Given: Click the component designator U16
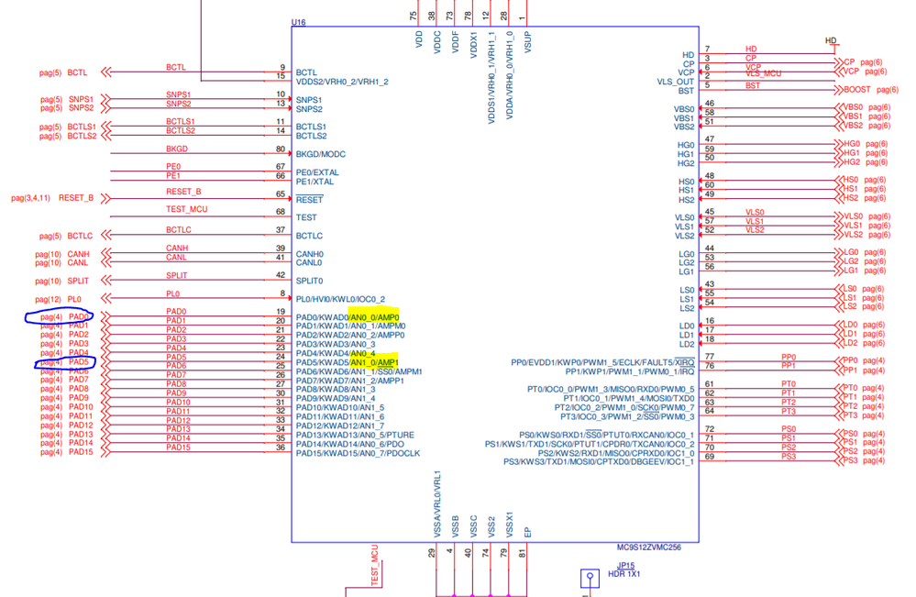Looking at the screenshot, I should pyautogui.click(x=299, y=21).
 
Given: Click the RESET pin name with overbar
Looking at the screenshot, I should pyautogui.click(x=309, y=199).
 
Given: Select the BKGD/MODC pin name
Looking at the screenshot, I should pyautogui.click(x=321, y=154).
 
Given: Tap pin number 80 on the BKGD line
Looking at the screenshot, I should pyautogui.click(x=281, y=149).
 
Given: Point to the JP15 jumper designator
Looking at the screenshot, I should pyautogui.click(x=626, y=565).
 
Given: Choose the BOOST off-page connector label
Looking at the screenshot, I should pyautogui.click(x=857, y=90).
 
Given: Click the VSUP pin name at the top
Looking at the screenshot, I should pyautogui.click(x=528, y=41).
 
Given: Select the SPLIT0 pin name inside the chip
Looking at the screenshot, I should pyautogui.click(x=310, y=281).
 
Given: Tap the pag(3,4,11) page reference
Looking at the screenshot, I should pyautogui.click(x=31, y=198).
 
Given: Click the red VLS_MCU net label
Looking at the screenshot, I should pyautogui.click(x=764, y=72).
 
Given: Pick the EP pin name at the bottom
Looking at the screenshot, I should pyautogui.click(x=527, y=531).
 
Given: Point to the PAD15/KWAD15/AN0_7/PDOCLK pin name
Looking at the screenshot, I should pyautogui.click(x=358, y=453).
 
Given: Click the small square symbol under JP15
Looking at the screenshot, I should pyautogui.click(x=590, y=578).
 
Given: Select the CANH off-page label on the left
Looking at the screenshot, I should pyautogui.click(x=79, y=254).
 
